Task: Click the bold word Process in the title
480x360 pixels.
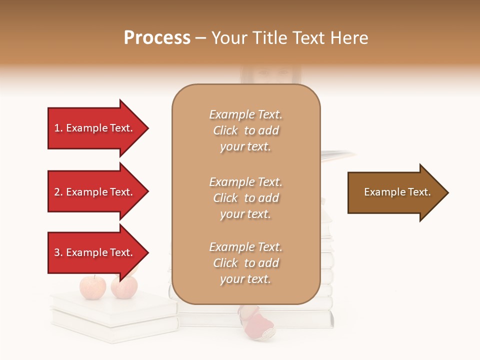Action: [157, 38]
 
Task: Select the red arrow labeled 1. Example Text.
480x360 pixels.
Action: [95, 128]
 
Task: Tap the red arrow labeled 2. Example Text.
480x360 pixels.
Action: [95, 192]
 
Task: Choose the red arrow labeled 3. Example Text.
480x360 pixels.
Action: [95, 252]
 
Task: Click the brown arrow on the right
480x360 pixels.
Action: [395, 192]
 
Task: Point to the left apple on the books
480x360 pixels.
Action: [93, 287]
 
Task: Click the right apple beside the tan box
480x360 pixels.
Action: [124, 287]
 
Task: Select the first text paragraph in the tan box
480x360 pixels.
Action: [245, 130]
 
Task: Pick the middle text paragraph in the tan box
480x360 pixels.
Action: [245, 198]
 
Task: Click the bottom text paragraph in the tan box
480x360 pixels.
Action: [245, 263]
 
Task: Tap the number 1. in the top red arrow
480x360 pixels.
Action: [58, 128]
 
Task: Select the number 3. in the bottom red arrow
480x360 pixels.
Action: [58, 252]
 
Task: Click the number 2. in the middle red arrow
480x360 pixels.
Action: [58, 192]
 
